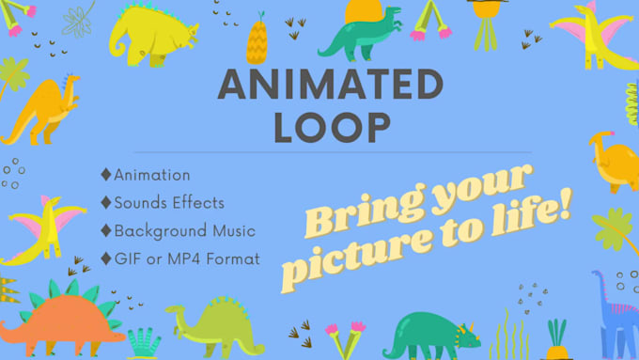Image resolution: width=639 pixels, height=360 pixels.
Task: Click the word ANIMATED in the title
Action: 330,86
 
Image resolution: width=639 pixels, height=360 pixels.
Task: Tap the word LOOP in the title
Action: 331,127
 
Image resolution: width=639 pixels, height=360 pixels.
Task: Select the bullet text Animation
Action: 152,175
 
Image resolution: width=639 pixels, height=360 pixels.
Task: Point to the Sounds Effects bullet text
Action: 170,202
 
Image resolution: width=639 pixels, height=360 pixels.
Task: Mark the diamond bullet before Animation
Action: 106,175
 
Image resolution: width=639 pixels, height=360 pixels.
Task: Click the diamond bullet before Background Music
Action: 106,229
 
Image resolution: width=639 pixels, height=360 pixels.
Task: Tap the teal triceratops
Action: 431,332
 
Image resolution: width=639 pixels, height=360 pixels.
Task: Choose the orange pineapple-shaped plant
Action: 258,41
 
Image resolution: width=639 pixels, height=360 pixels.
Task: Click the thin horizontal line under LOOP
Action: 331,151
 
